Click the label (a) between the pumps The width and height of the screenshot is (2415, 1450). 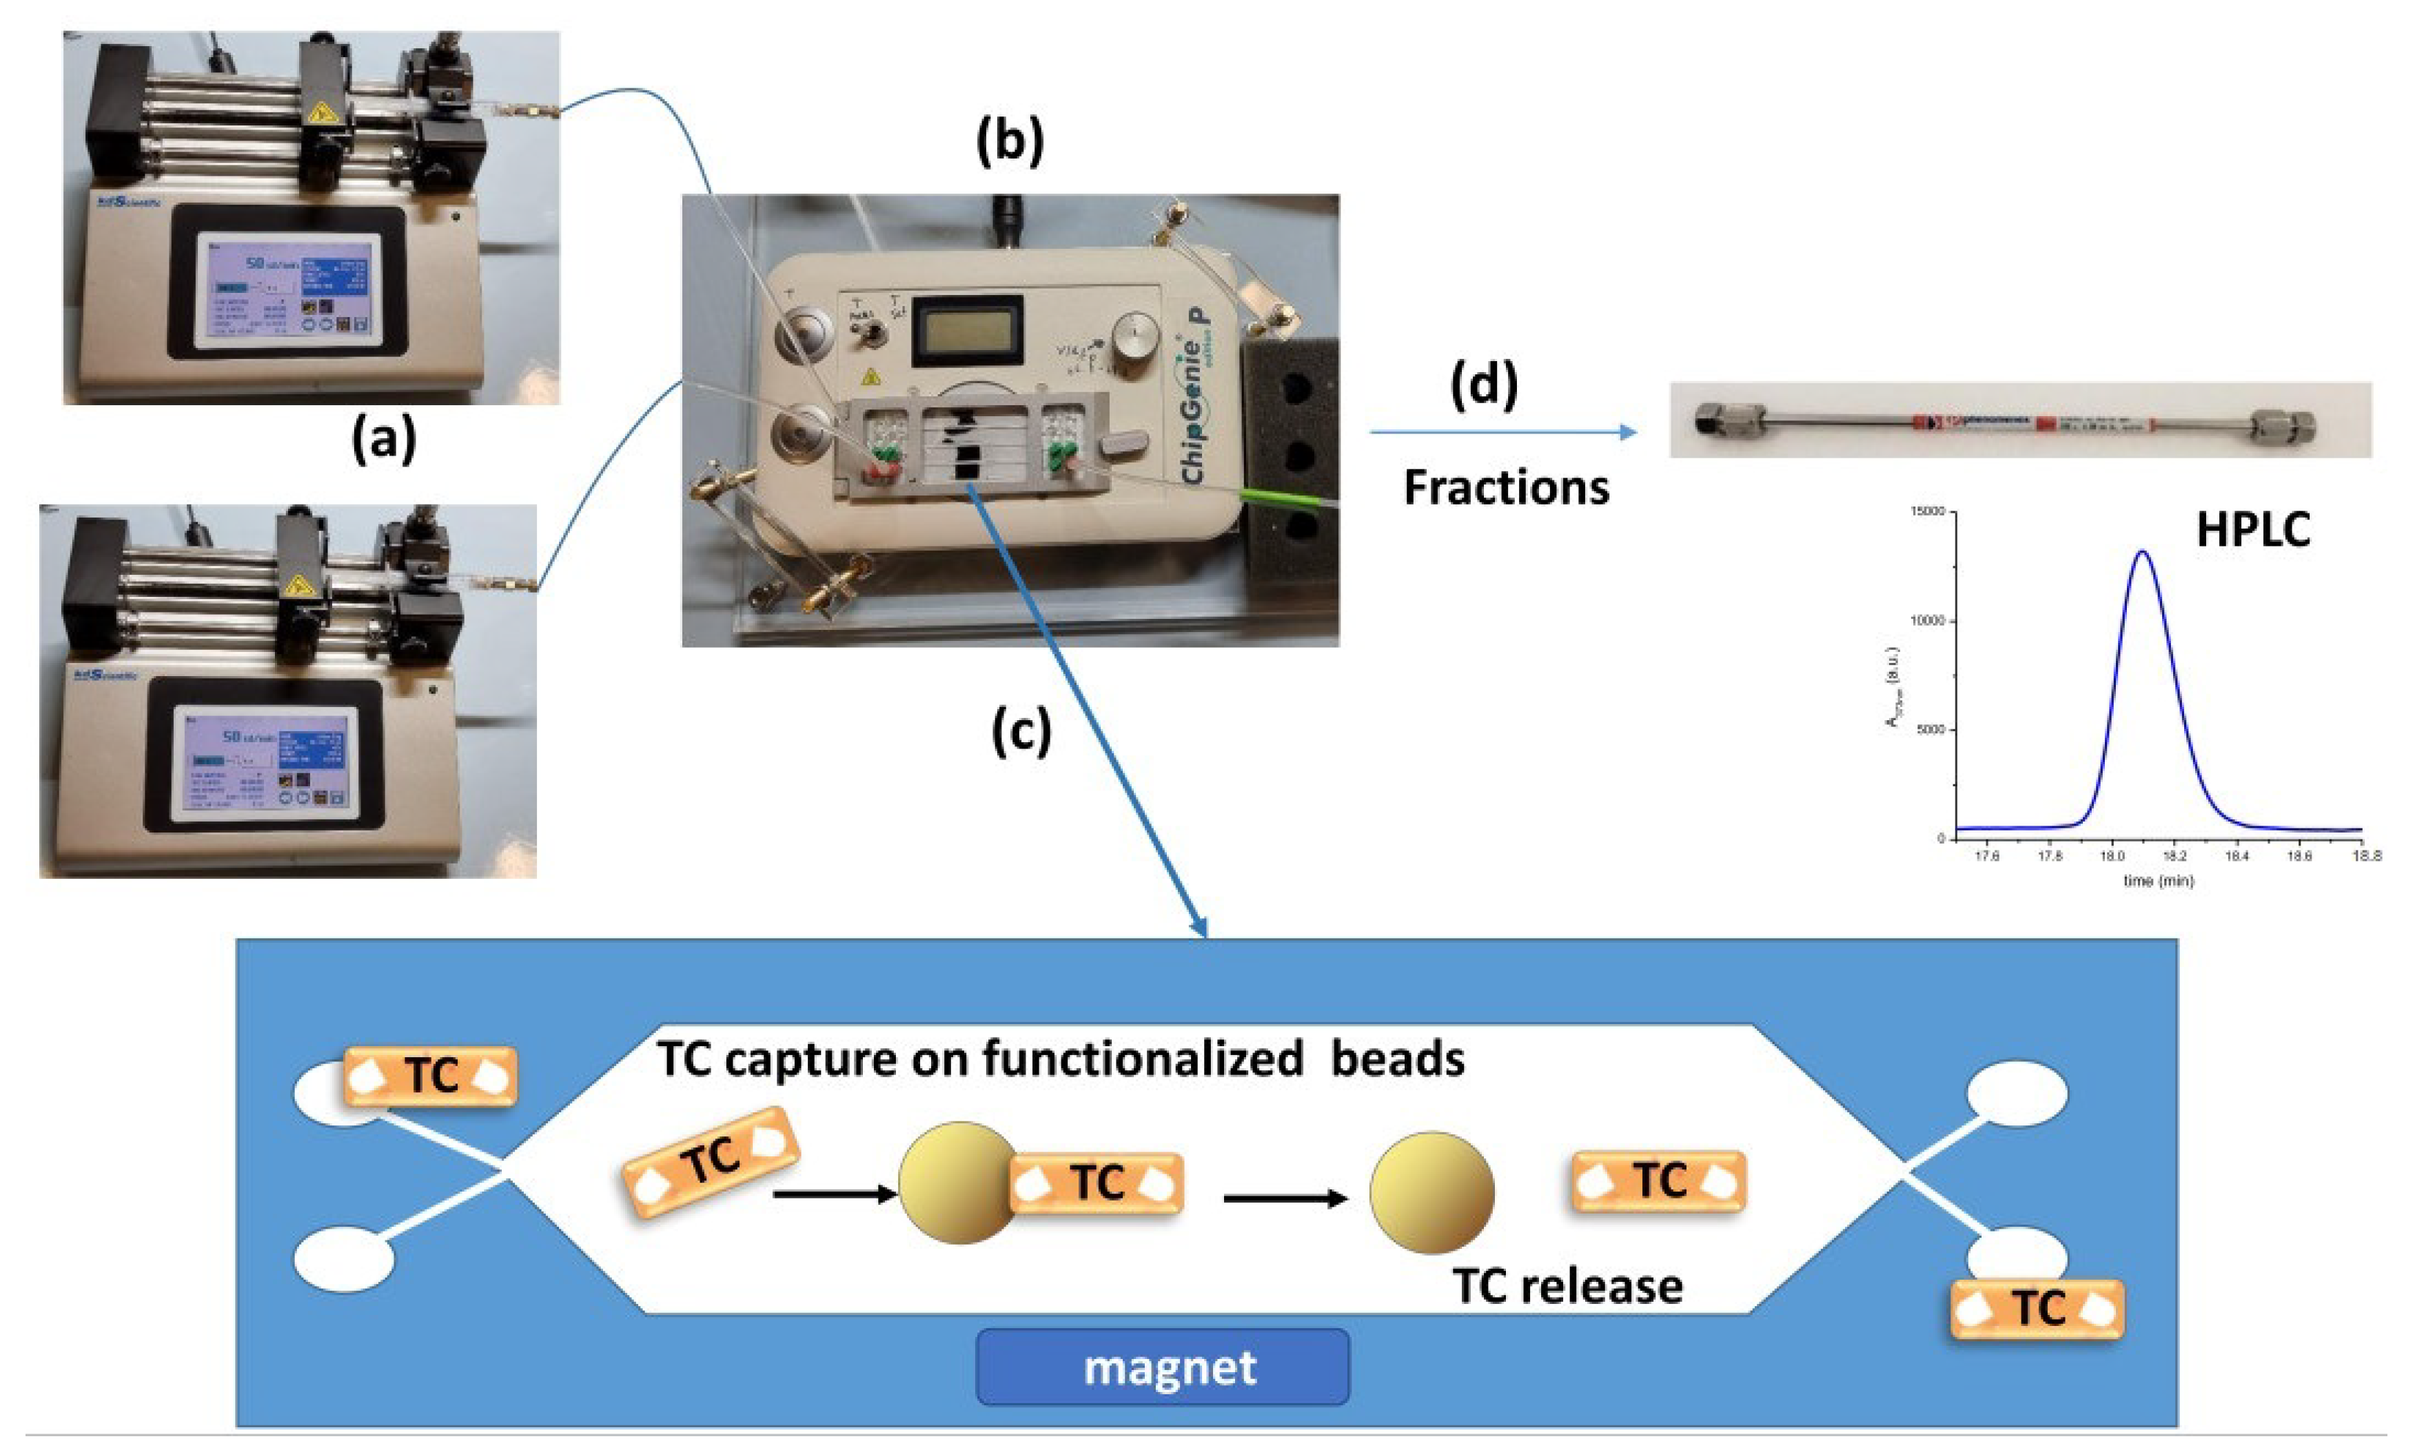[383, 439]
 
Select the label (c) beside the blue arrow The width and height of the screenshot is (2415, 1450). [1021, 732]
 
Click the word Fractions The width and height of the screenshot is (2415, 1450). [1505, 487]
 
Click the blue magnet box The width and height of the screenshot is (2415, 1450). [1163, 1366]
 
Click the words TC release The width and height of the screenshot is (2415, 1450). [1567, 1286]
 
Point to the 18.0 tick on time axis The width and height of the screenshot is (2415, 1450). [2112, 857]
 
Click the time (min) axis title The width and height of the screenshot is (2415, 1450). [2157, 881]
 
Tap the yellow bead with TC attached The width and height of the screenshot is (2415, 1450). [955, 1183]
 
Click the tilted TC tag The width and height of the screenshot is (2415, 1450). [711, 1161]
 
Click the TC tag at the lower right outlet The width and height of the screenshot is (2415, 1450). [2037, 1308]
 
